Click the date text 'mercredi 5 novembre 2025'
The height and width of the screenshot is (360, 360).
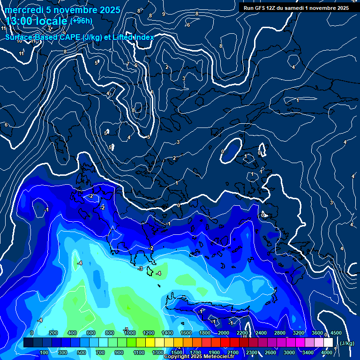(x=63, y=10)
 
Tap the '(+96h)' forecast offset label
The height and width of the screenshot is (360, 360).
(x=81, y=21)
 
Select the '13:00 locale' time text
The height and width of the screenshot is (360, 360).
(x=37, y=22)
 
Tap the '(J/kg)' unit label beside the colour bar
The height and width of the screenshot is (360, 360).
(x=346, y=343)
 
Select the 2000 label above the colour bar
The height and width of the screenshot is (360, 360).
(x=224, y=333)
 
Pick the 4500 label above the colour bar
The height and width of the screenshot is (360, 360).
(x=336, y=333)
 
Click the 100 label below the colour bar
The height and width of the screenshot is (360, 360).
(x=44, y=352)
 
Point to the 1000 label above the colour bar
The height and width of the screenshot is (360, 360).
(x=130, y=333)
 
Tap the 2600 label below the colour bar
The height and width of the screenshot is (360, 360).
(x=270, y=352)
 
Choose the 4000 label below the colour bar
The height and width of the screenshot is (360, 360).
(x=327, y=352)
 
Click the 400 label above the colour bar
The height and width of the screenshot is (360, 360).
(x=72, y=333)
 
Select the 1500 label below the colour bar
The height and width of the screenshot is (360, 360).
(x=177, y=352)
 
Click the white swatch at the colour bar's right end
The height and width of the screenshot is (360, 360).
(x=328, y=343)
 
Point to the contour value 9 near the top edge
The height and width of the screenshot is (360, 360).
(x=163, y=14)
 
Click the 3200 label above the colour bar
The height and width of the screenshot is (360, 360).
(x=299, y=333)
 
